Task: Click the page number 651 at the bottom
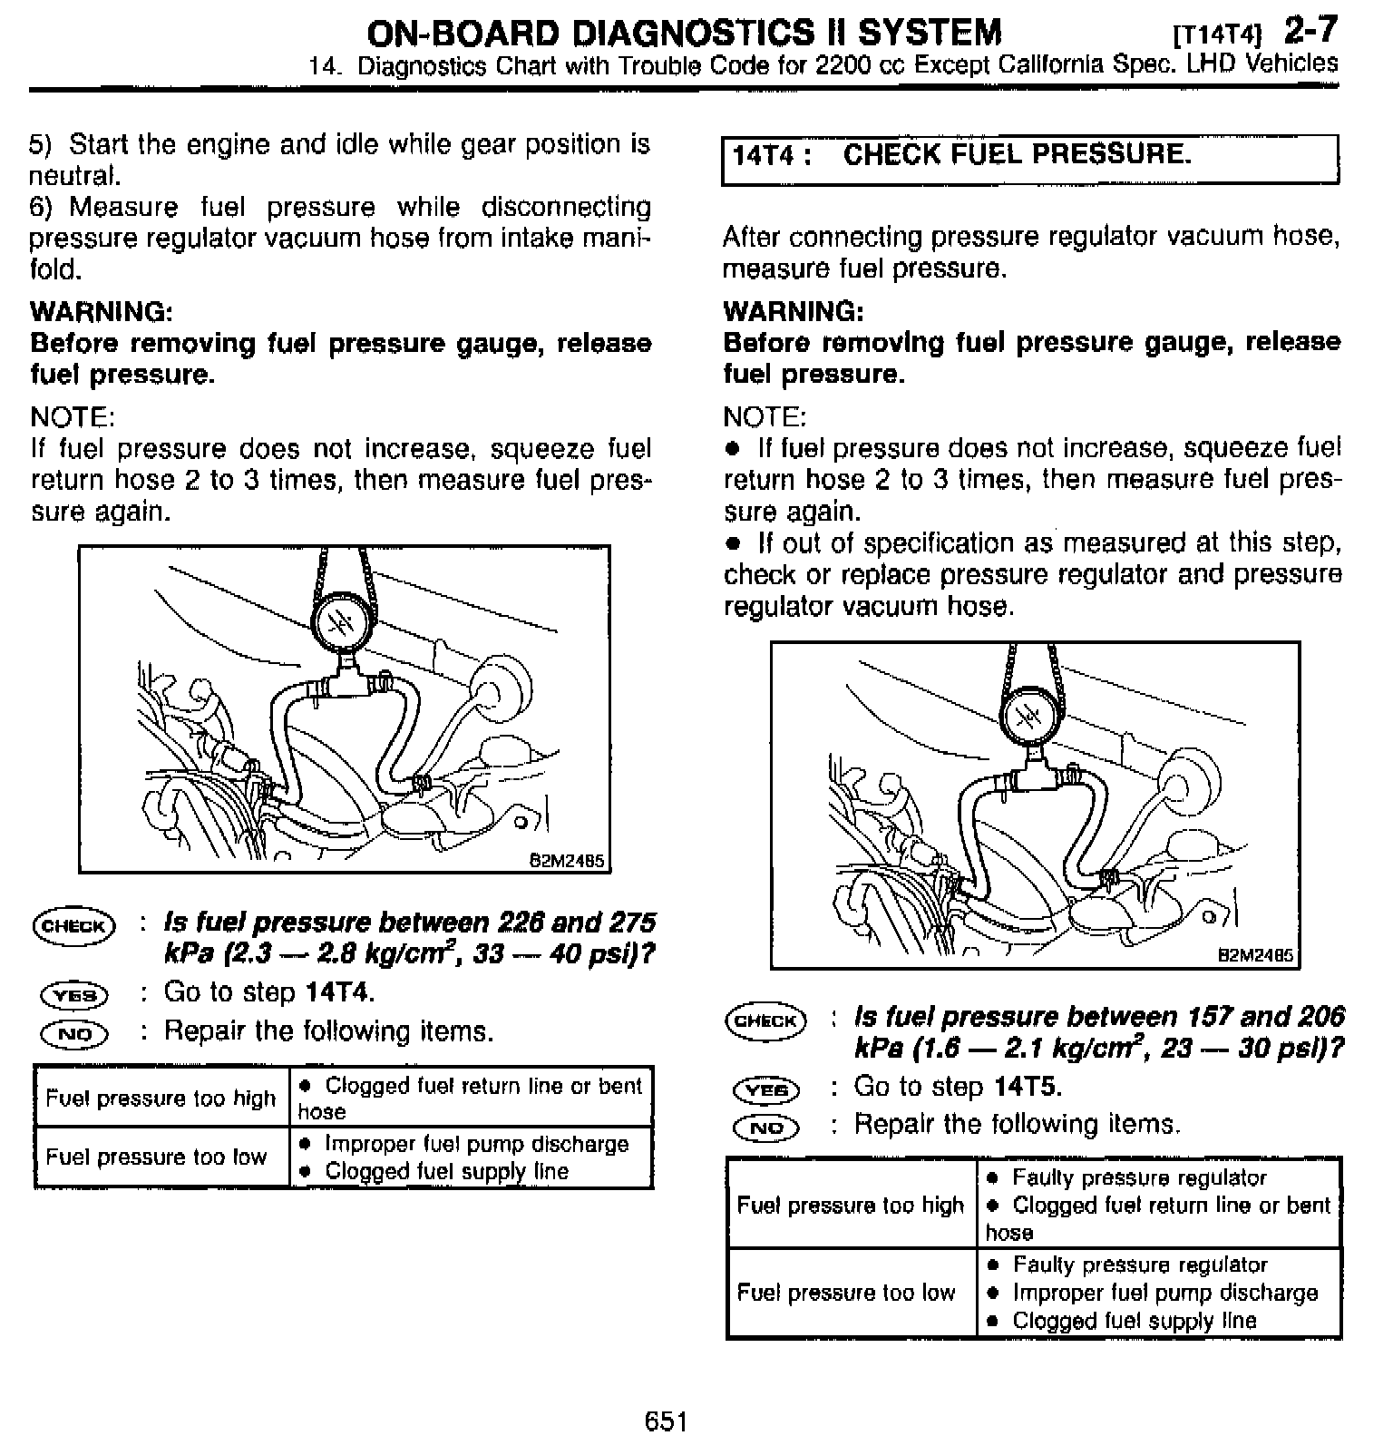pyautogui.click(x=666, y=1421)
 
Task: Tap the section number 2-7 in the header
pyautogui.click(x=1310, y=31)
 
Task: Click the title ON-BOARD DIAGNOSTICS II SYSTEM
pyautogui.click(x=685, y=33)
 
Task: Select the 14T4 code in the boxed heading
pyautogui.click(x=763, y=156)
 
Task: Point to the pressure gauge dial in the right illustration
pyautogui.click(x=1029, y=717)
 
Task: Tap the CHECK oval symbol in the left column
pyautogui.click(x=73, y=926)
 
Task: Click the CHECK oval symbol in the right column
pyautogui.click(x=765, y=1020)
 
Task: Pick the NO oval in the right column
pyautogui.click(x=766, y=1128)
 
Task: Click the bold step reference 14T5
pyautogui.click(x=1028, y=1087)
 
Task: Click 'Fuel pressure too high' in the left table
pyautogui.click(x=161, y=1099)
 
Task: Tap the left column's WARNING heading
pyautogui.click(x=102, y=312)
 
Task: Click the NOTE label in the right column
pyautogui.click(x=764, y=417)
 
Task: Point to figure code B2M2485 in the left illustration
pyautogui.click(x=566, y=860)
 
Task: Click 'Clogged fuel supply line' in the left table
pyautogui.click(x=446, y=1171)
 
